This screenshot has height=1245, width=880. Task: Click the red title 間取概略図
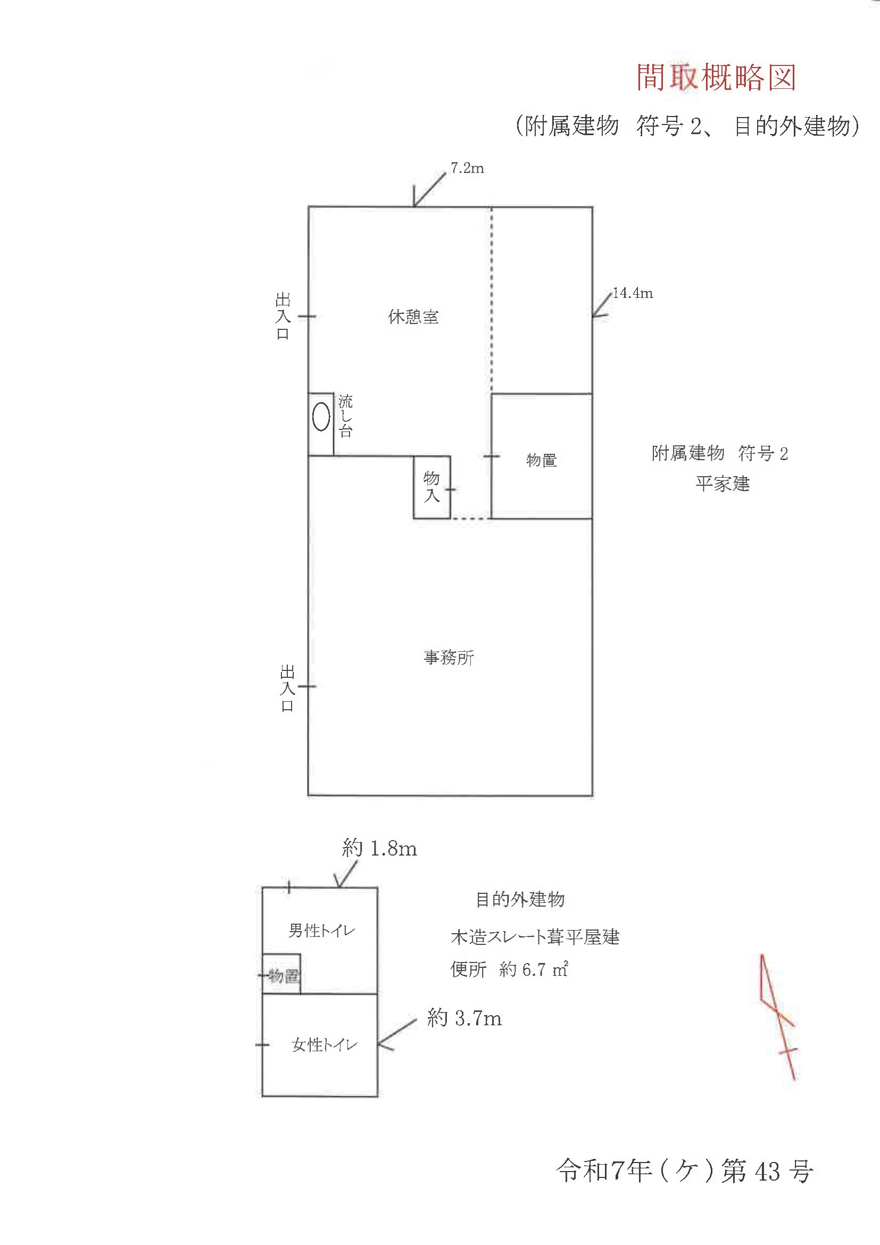point(716,78)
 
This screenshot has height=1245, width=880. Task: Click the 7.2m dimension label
point(467,169)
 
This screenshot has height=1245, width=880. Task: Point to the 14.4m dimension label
point(632,293)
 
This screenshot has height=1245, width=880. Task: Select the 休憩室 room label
point(413,317)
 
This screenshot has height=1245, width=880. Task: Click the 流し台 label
point(345,417)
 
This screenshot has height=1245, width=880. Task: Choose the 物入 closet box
point(431,487)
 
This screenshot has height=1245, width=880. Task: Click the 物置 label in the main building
point(541,460)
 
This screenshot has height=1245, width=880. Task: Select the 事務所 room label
point(449,658)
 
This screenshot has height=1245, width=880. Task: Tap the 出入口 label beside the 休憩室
point(283,317)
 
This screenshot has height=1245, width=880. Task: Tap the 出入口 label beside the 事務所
point(287,688)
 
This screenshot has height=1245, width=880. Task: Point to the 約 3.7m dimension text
point(464,1018)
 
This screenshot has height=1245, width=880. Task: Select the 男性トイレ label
point(321,931)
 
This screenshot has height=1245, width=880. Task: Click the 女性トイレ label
point(324,1045)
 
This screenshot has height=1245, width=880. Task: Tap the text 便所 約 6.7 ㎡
point(509,969)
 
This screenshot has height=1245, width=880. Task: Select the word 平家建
point(722,484)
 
